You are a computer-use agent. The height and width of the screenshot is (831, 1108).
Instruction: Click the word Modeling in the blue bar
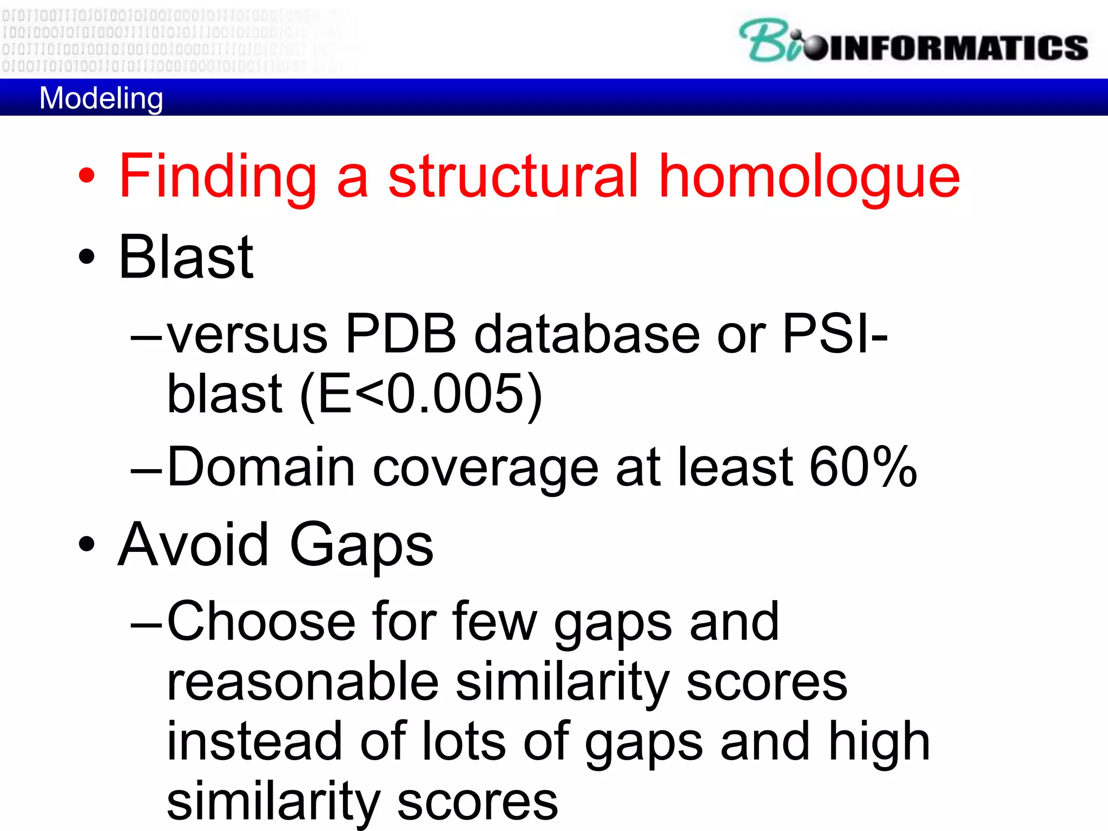[x=101, y=98]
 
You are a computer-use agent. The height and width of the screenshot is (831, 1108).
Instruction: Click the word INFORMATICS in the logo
[x=958, y=48]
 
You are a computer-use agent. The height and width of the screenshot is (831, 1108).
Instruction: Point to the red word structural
[x=514, y=175]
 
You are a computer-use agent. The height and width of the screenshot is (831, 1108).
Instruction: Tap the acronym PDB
[x=400, y=334]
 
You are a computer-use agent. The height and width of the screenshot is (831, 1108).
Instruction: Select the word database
[x=587, y=334]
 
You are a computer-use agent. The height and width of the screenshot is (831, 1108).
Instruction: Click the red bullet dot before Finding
[x=87, y=175]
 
